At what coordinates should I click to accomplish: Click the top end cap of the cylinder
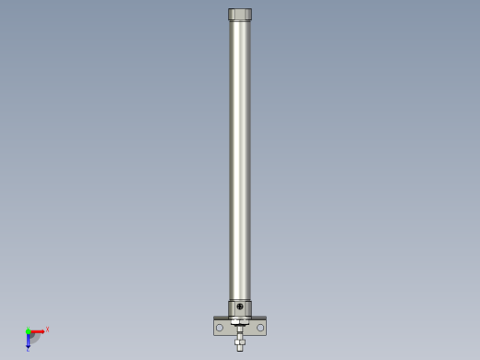click(x=240, y=15)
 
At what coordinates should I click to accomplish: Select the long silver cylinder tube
click(x=240, y=157)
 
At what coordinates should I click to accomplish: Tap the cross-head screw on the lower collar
click(x=240, y=306)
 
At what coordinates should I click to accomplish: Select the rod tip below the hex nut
click(x=240, y=347)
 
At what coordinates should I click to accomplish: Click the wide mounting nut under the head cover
click(x=240, y=321)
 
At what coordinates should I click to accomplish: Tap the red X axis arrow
click(x=37, y=331)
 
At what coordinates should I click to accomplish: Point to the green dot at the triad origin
click(x=29, y=331)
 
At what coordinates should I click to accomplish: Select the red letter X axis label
click(x=47, y=330)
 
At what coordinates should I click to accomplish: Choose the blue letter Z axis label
click(x=28, y=349)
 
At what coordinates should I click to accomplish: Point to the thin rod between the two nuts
click(x=240, y=331)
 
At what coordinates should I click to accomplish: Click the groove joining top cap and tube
click(x=240, y=21)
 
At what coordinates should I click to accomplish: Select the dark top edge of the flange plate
click(x=222, y=318)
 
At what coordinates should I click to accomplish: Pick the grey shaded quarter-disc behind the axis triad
click(x=35, y=338)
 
